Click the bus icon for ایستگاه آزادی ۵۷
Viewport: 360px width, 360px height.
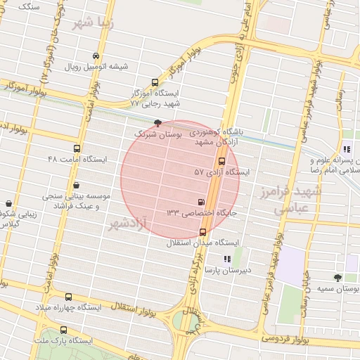click(x=222, y=160)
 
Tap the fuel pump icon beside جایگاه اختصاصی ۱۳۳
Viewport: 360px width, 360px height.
click(x=202, y=202)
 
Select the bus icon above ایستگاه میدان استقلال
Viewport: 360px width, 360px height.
click(x=202, y=232)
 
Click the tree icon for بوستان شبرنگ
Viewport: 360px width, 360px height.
click(x=157, y=122)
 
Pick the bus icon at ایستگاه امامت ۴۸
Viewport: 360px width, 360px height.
click(x=77, y=148)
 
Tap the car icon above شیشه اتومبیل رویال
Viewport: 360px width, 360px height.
click(x=96, y=56)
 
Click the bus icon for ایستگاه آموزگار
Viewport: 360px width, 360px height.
click(x=155, y=82)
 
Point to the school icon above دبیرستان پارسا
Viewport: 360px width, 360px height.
click(x=226, y=259)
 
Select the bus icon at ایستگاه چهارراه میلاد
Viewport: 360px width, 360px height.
click(x=68, y=297)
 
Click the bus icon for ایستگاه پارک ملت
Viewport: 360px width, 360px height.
click(x=64, y=330)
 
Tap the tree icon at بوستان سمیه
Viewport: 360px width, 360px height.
click(x=337, y=278)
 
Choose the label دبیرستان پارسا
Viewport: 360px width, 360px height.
click(x=223, y=270)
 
